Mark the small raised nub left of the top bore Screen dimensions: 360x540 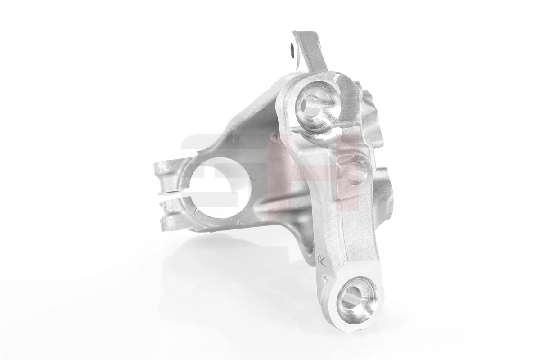274,135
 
